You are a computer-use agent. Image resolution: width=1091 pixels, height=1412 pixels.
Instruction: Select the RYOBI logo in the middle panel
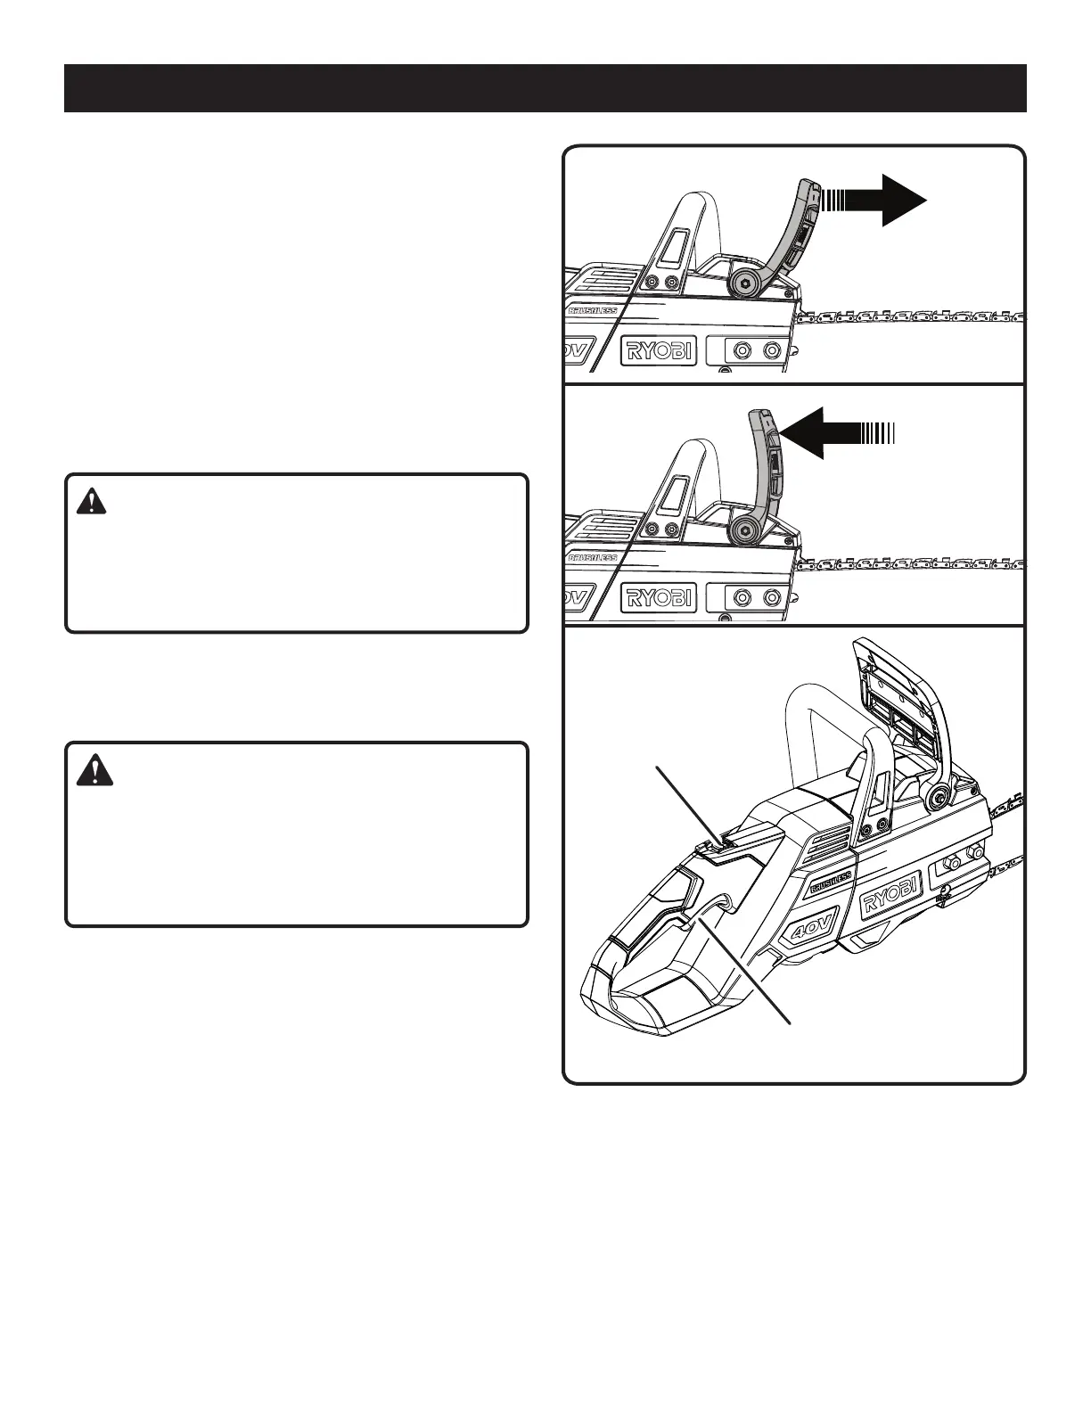660,597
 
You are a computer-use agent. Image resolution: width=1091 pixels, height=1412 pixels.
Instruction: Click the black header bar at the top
545,87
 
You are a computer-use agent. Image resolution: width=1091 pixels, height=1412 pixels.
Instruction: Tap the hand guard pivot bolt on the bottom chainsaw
938,796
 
